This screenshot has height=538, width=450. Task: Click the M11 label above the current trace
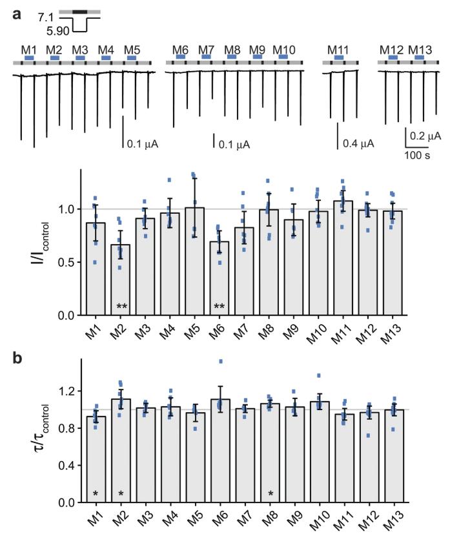coord(338,49)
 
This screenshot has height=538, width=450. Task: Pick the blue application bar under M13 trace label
coord(420,57)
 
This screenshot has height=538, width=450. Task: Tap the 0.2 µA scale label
coord(426,136)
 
